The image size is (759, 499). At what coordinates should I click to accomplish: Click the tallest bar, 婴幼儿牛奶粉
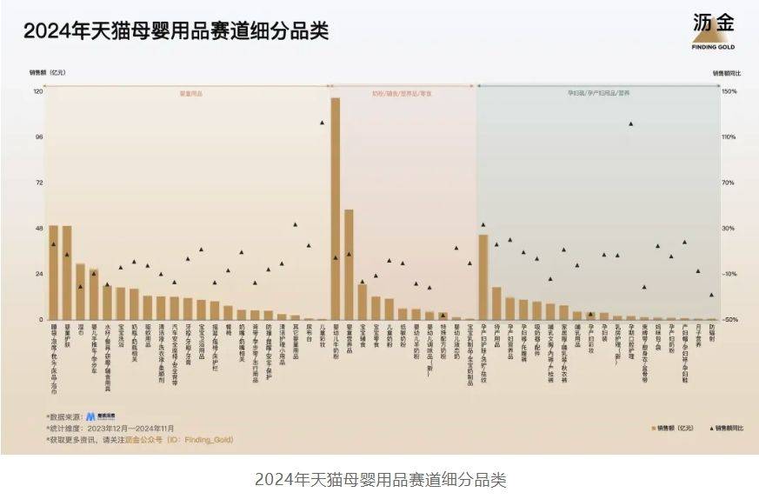click(336, 209)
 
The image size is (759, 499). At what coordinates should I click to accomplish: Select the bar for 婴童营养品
click(349, 264)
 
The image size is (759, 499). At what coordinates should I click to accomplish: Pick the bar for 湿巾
click(80, 291)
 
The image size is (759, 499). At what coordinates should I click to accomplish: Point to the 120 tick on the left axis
click(38, 91)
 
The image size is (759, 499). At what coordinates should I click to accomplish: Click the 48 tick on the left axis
click(38, 229)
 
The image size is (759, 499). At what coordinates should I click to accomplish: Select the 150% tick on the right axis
click(729, 91)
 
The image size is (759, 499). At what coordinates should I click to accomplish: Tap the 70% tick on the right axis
click(729, 183)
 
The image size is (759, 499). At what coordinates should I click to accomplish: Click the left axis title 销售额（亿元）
click(48, 72)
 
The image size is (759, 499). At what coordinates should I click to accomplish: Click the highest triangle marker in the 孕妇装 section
click(630, 123)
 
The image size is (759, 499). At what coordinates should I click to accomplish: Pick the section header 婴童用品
click(190, 92)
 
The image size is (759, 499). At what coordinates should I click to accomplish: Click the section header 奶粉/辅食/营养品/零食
click(402, 92)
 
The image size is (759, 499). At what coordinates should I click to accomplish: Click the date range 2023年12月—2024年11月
click(141, 428)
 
